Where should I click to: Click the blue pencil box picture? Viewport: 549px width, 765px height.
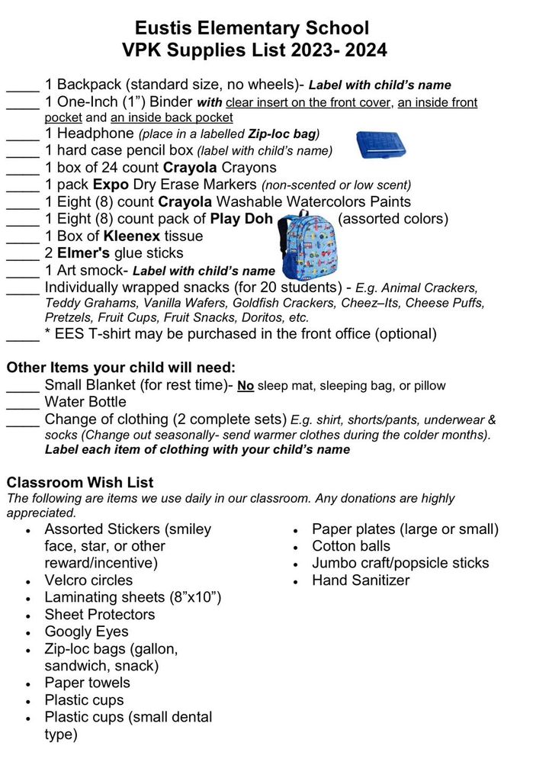(x=380, y=144)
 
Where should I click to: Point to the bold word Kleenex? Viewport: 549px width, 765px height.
(x=132, y=236)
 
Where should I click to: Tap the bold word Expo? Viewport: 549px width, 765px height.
(x=111, y=185)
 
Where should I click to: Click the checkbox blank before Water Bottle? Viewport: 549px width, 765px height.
(x=22, y=402)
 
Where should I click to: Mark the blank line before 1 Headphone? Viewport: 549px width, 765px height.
(x=22, y=133)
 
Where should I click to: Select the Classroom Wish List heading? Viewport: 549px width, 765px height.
(x=80, y=482)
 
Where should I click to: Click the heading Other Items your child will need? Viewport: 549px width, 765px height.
(x=121, y=367)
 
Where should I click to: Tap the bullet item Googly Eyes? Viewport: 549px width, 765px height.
(x=86, y=632)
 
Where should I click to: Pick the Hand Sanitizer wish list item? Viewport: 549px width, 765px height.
(x=361, y=580)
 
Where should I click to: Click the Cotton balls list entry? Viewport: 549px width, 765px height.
(x=351, y=546)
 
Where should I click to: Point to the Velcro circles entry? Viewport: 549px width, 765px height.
(x=88, y=580)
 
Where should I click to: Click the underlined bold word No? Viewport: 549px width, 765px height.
(x=246, y=386)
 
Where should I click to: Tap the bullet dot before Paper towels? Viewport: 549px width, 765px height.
(x=28, y=683)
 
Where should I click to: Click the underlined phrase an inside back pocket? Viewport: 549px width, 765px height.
(x=172, y=117)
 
